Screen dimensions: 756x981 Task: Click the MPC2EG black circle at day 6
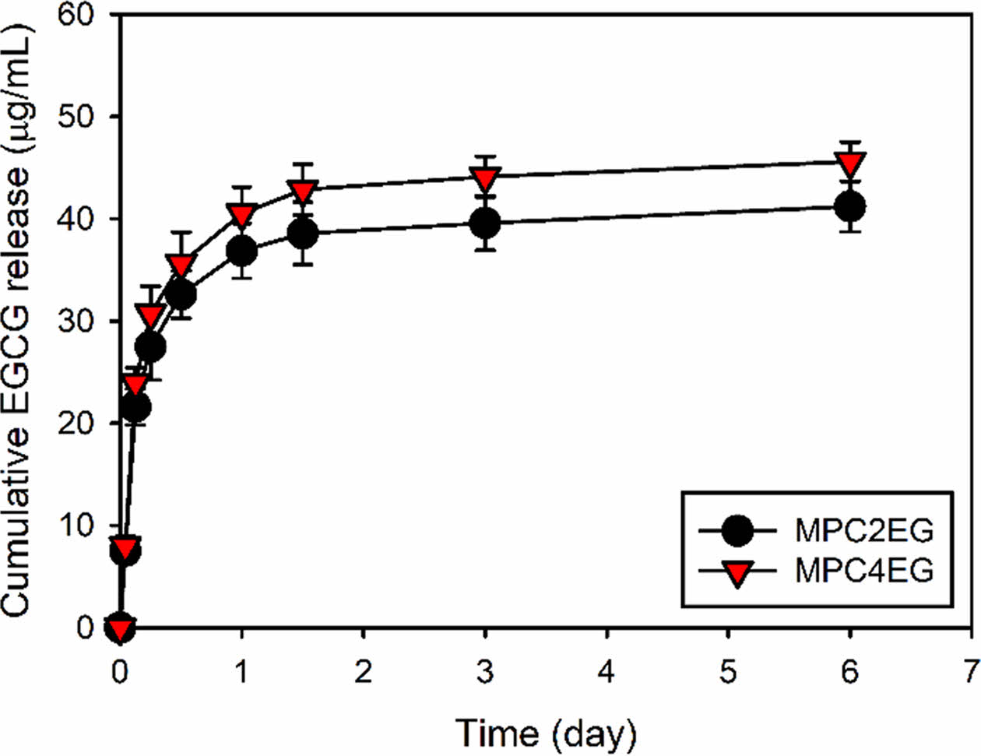849,207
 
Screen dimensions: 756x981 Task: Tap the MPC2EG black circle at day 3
485,224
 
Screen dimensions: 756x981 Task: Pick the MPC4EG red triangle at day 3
485,178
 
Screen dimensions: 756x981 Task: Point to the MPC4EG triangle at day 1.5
303,190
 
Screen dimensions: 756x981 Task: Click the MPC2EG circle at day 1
242,251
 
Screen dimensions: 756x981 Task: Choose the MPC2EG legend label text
863,532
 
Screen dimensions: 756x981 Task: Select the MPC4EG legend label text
863,571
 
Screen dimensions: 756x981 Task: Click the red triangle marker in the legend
737,573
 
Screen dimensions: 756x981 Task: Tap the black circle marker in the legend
737,532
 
